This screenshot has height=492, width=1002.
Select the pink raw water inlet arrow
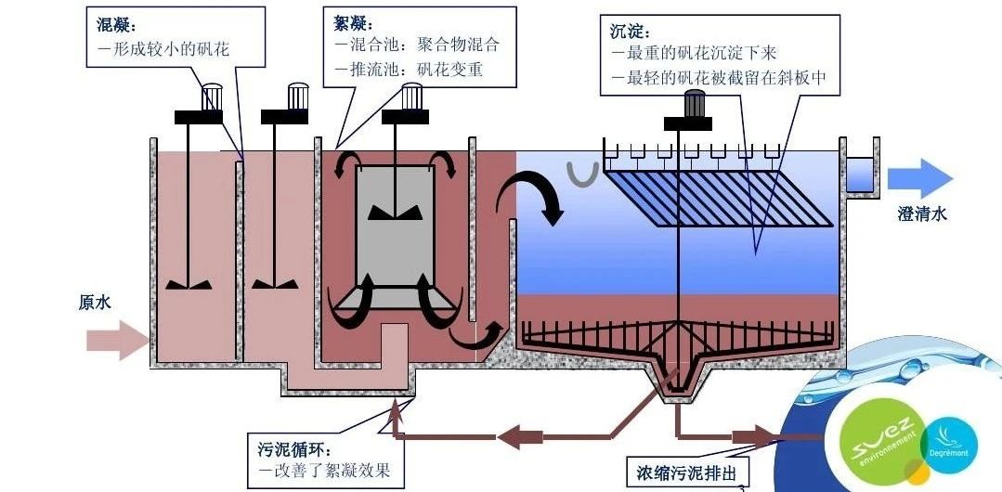pos(117,341)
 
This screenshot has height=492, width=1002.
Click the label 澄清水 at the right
pos(922,214)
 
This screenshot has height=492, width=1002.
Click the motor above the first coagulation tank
pos(213,96)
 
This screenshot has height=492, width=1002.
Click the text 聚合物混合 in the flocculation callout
pos(459,45)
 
